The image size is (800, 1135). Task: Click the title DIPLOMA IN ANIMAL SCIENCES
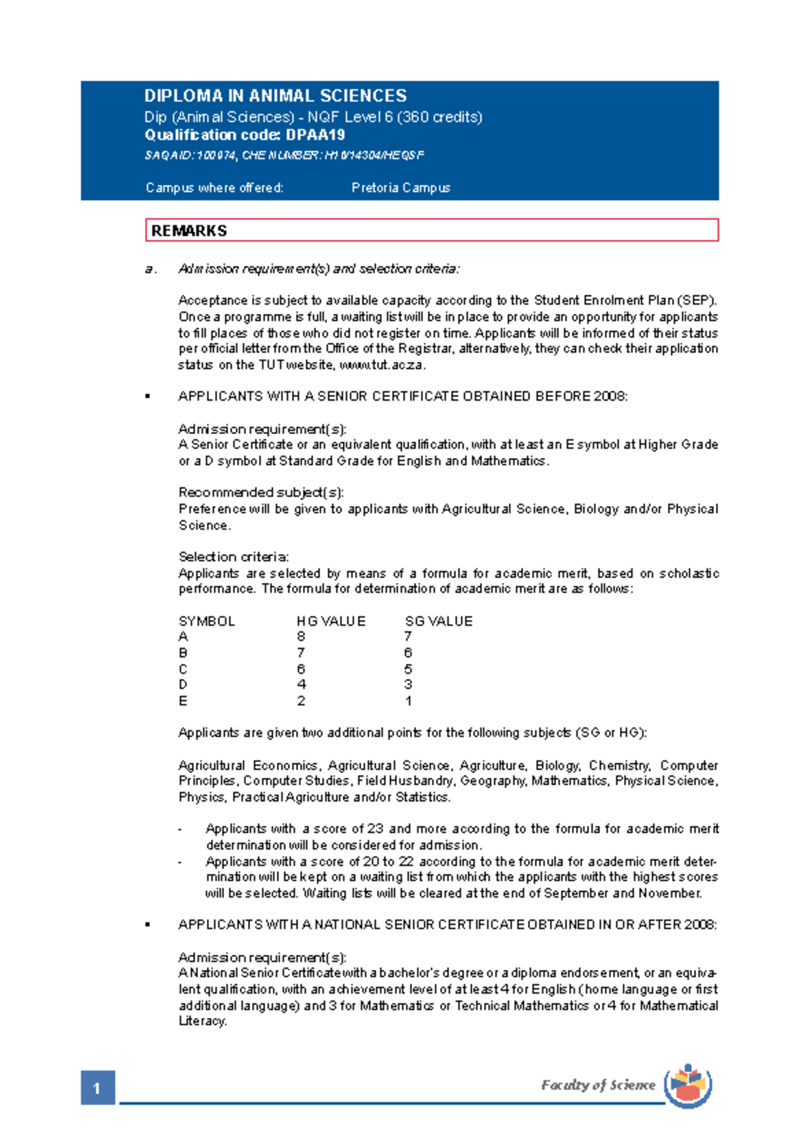click(275, 96)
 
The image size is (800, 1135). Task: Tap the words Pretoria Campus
click(401, 188)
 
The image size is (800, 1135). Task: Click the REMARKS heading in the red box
click(189, 231)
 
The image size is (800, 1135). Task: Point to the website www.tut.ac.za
click(381, 365)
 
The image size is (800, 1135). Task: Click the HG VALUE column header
click(331, 622)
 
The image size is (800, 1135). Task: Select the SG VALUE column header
click(439, 622)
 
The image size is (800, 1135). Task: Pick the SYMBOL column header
click(207, 622)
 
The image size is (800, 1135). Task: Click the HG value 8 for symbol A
click(301, 637)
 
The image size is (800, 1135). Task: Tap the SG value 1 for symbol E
click(408, 701)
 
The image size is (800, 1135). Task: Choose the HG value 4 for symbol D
click(301, 685)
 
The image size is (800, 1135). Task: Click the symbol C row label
click(183, 669)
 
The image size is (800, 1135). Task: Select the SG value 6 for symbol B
click(408, 653)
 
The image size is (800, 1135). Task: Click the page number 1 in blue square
click(97, 1088)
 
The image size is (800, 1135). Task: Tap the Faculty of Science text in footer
click(597, 1085)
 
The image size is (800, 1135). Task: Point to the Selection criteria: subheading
click(233, 557)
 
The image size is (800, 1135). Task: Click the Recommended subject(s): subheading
click(261, 493)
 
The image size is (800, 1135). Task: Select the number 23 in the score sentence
click(375, 829)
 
